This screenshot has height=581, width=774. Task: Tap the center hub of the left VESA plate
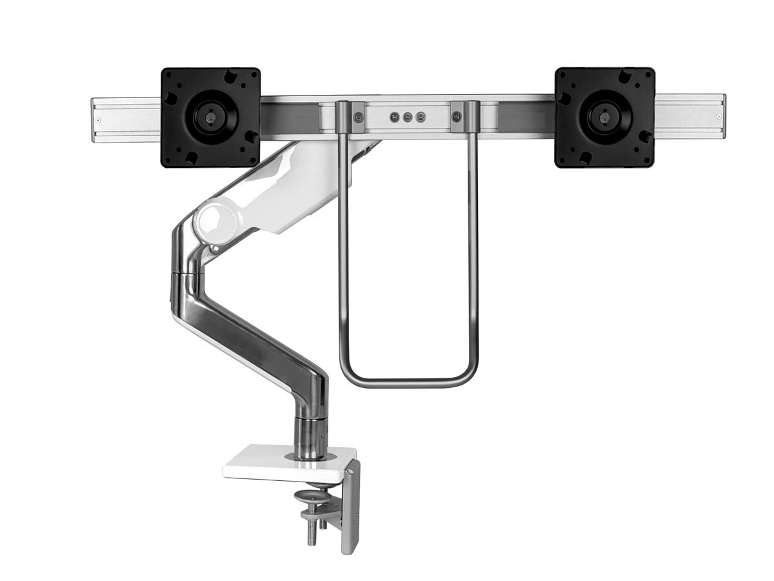210,117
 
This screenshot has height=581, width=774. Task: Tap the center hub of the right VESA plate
604,117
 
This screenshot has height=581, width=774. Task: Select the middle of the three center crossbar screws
408,117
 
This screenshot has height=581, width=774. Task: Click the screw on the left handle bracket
359,117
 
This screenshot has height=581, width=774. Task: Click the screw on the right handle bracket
457,117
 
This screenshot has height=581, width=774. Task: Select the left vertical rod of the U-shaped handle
342,258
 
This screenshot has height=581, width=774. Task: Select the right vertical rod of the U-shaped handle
474,258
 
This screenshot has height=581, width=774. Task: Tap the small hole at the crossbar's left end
99,117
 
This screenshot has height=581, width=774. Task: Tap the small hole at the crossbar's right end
718,117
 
